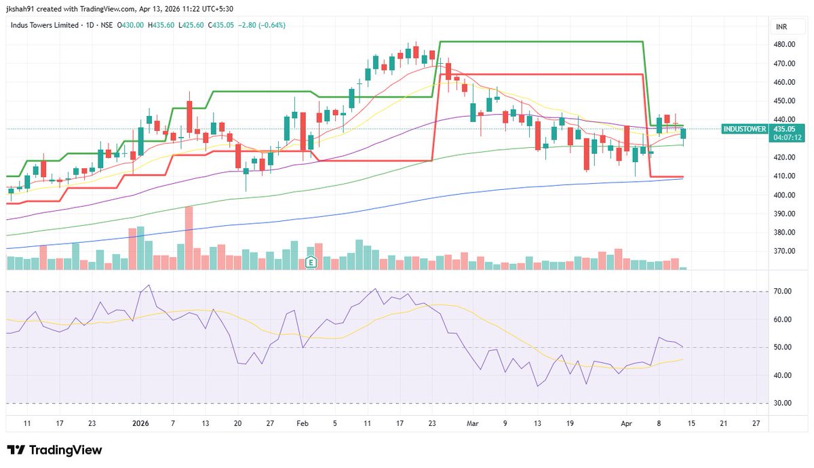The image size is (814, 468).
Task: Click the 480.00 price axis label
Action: tap(784, 45)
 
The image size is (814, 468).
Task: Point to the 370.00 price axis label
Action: tap(784, 252)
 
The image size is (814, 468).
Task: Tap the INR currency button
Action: tap(781, 26)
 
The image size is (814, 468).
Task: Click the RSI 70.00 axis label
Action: tap(783, 292)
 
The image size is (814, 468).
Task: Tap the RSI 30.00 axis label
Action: tap(783, 404)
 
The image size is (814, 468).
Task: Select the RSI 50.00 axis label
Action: tap(783, 347)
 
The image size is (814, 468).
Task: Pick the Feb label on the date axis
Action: tap(303, 423)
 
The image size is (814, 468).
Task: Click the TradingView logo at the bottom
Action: tap(54, 450)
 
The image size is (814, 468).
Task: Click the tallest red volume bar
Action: tap(189, 238)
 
